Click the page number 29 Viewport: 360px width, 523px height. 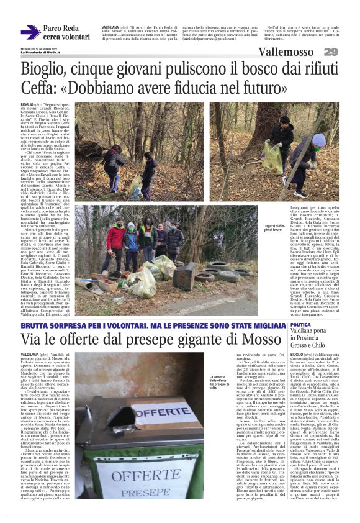pos(330,52)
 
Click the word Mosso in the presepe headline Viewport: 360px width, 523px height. pos(261,340)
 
